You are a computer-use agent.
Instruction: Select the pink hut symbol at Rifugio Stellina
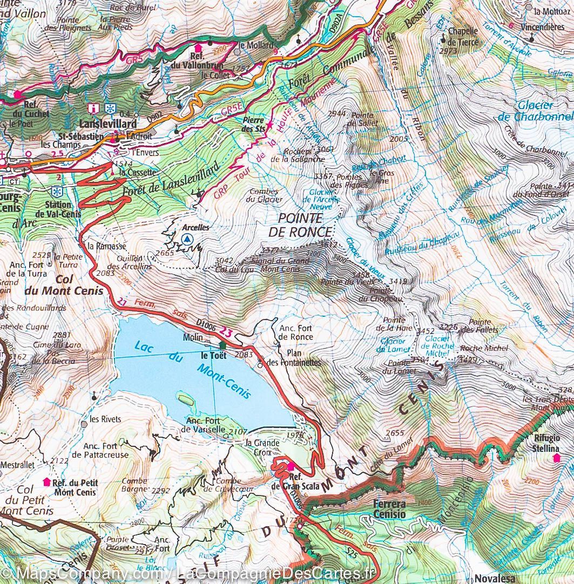point(556,458)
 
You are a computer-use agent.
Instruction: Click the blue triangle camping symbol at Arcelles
point(187,239)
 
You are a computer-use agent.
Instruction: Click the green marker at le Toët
point(222,345)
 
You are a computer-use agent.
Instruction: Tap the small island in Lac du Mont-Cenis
point(185,399)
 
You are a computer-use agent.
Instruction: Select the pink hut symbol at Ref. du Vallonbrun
point(198,47)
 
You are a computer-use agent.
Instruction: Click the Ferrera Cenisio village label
point(389,509)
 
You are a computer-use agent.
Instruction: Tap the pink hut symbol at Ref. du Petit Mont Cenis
point(46,481)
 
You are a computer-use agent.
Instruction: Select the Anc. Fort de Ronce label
point(295,332)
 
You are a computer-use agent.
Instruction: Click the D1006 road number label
point(206,324)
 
